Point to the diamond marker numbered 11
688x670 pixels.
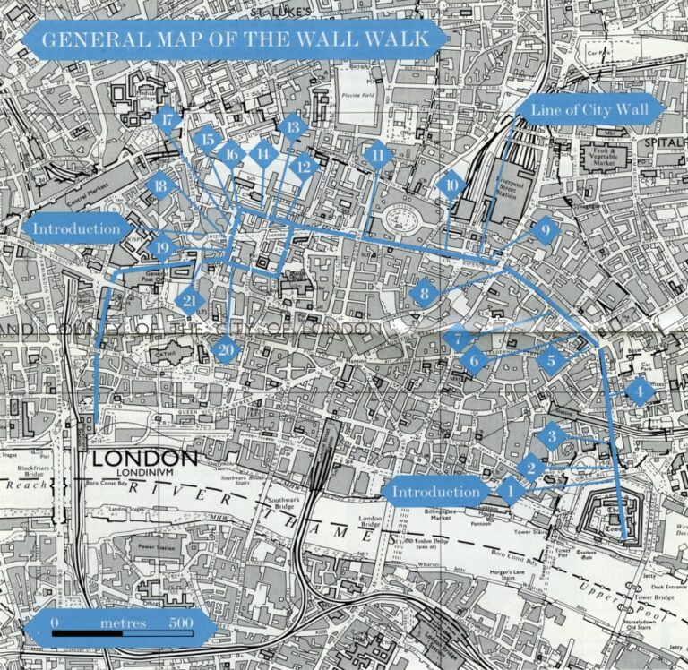tap(379, 156)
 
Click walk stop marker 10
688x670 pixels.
tap(451, 186)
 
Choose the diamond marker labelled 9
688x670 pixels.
tap(544, 231)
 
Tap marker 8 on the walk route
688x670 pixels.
tap(424, 293)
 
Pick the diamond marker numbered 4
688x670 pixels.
tap(639, 391)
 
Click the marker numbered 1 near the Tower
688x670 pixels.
tap(511, 490)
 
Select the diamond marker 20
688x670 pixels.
tap(227, 348)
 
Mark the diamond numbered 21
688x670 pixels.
tap(189, 301)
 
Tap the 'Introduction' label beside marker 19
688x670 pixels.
tap(77, 228)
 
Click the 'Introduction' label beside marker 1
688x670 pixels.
tap(436, 492)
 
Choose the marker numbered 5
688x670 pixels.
tap(552, 361)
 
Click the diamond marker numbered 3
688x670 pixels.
tap(552, 437)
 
